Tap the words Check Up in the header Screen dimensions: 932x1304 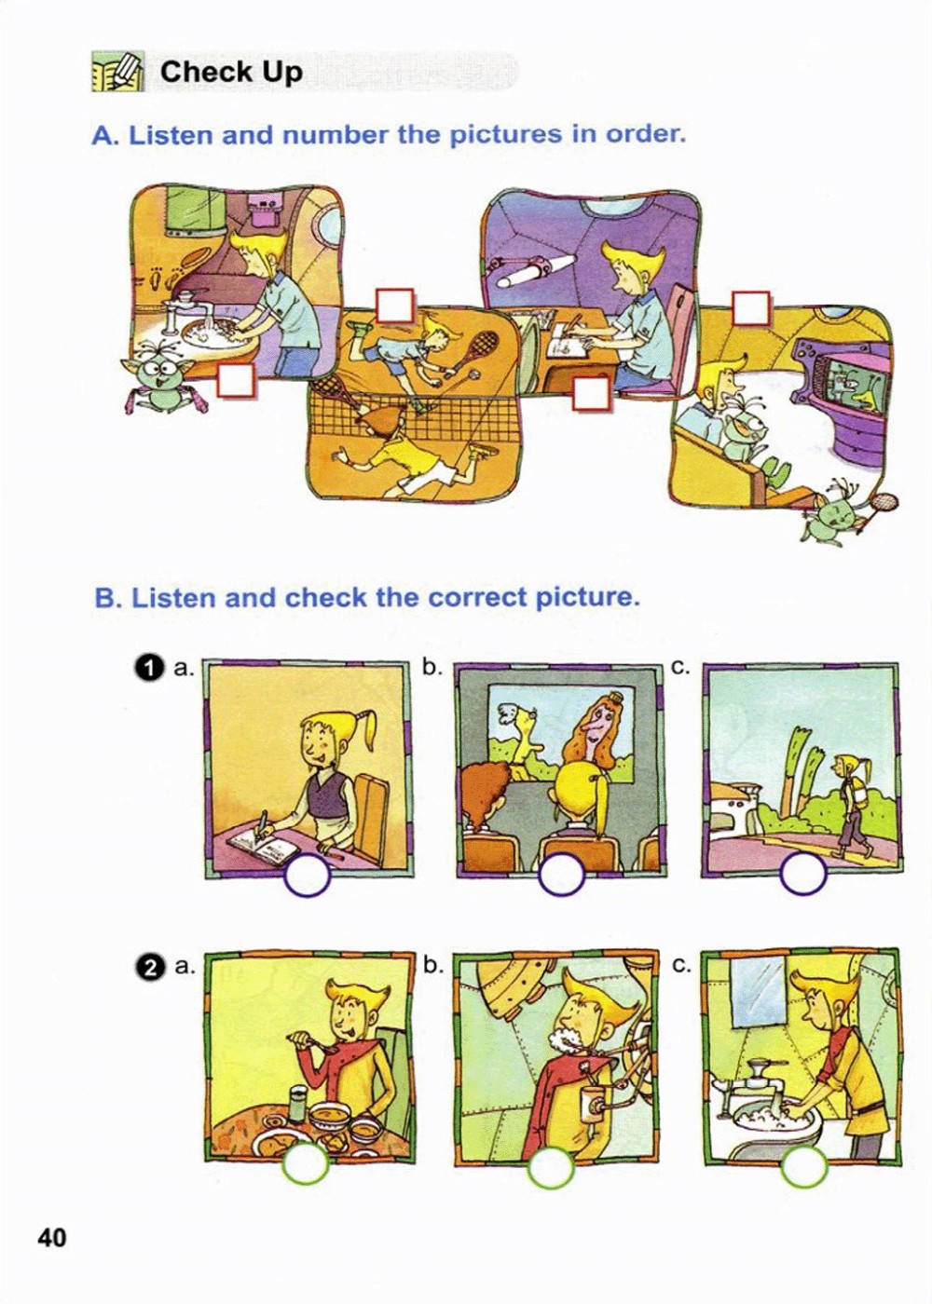coord(231,73)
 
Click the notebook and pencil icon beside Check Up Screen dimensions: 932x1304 coord(117,72)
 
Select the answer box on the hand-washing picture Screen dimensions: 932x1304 coord(236,381)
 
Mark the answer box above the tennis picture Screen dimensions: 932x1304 coord(395,306)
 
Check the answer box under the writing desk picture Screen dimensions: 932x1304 coord(591,393)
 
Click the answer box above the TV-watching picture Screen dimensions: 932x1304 coord(751,308)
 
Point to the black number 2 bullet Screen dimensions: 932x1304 coord(150,967)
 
